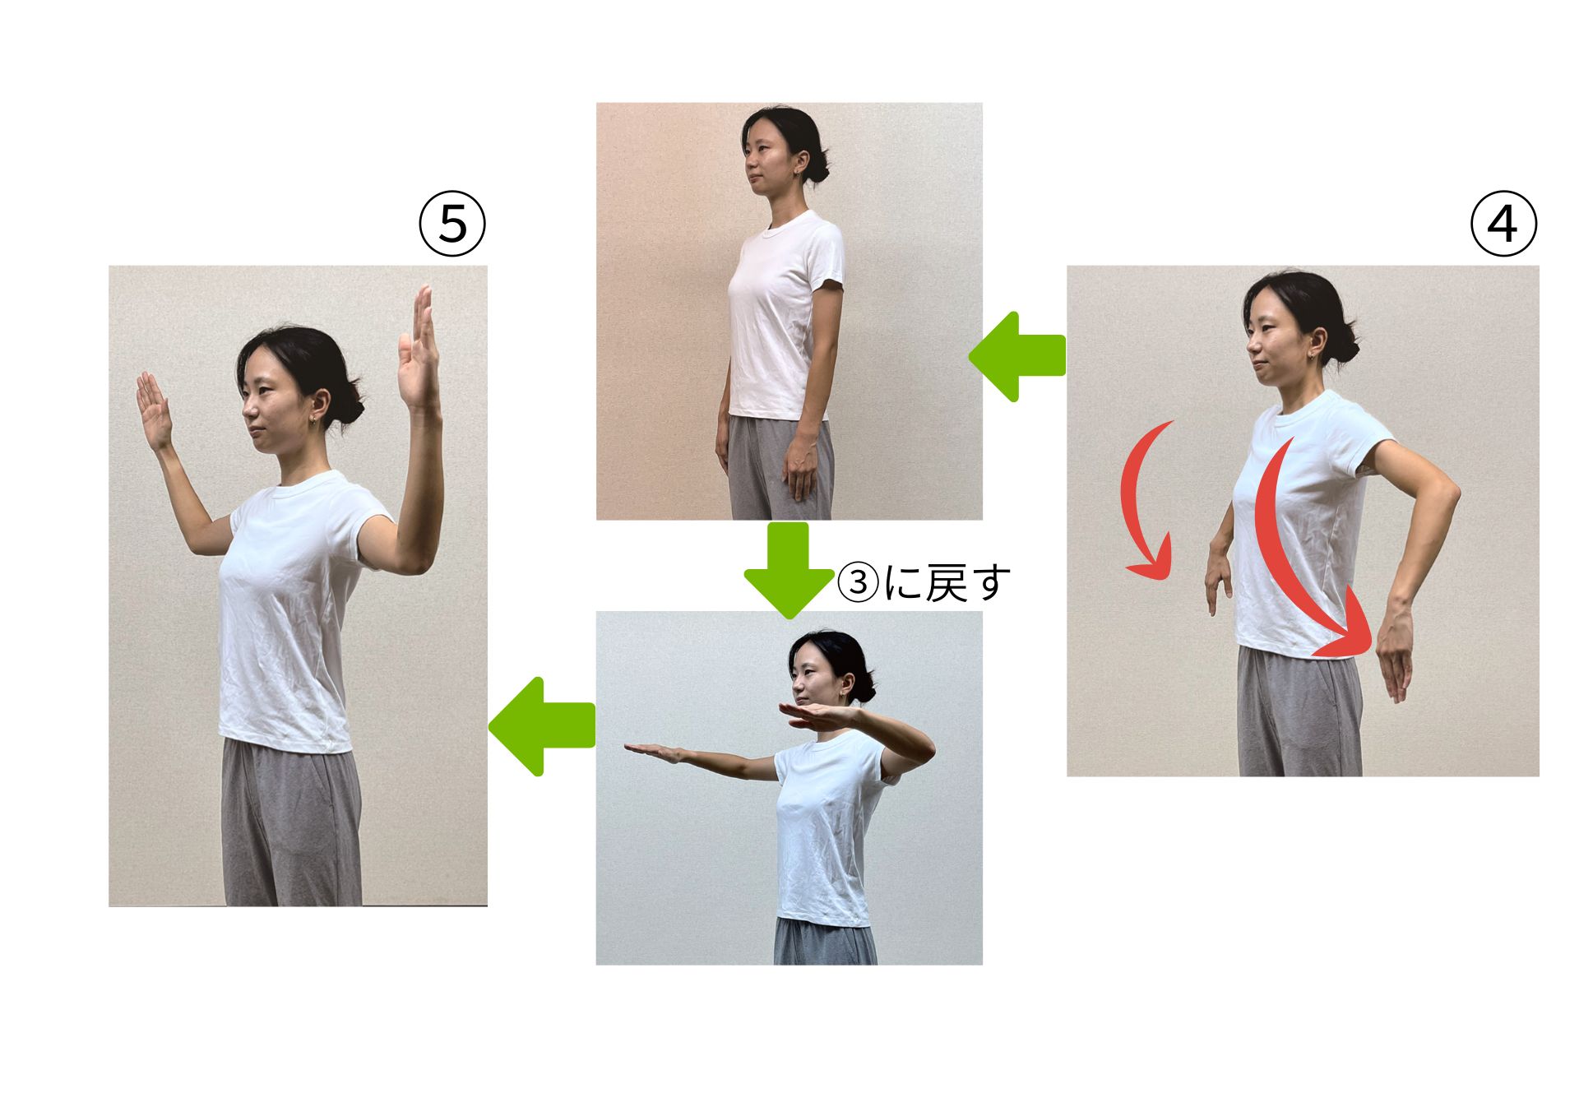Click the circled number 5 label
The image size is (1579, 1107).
pyautogui.click(x=452, y=224)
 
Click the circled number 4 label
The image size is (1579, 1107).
pyautogui.click(x=1503, y=224)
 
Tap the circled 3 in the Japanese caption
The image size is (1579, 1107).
pyautogui.click(x=858, y=582)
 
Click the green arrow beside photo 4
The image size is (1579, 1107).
pyautogui.click(x=1017, y=356)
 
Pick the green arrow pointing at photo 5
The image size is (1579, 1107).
pyautogui.click(x=541, y=726)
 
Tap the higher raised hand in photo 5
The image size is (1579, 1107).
pyautogui.click(x=418, y=350)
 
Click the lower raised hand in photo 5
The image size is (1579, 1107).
pyautogui.click(x=154, y=409)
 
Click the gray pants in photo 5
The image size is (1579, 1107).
pyautogui.click(x=292, y=822)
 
